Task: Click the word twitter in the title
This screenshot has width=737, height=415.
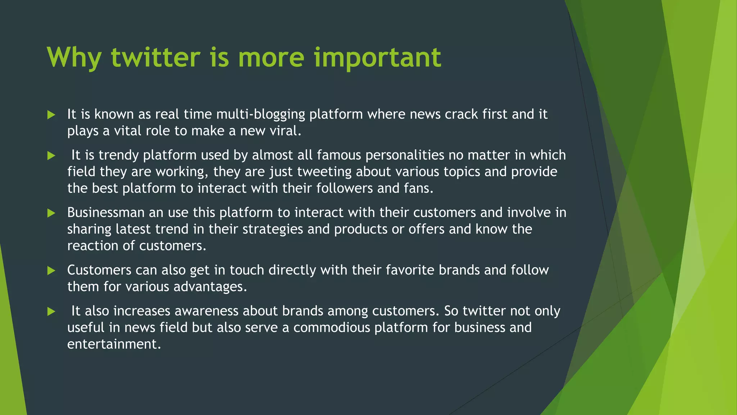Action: coord(155,58)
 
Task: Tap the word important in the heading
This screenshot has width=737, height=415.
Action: coord(377,58)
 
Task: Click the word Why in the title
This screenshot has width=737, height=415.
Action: coord(74,58)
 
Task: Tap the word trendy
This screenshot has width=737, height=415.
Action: coord(118,155)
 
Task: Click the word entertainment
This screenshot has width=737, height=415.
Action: coord(114,344)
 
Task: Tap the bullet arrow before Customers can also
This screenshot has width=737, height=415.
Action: coord(51,271)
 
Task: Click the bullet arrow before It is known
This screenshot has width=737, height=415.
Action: coord(51,115)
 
